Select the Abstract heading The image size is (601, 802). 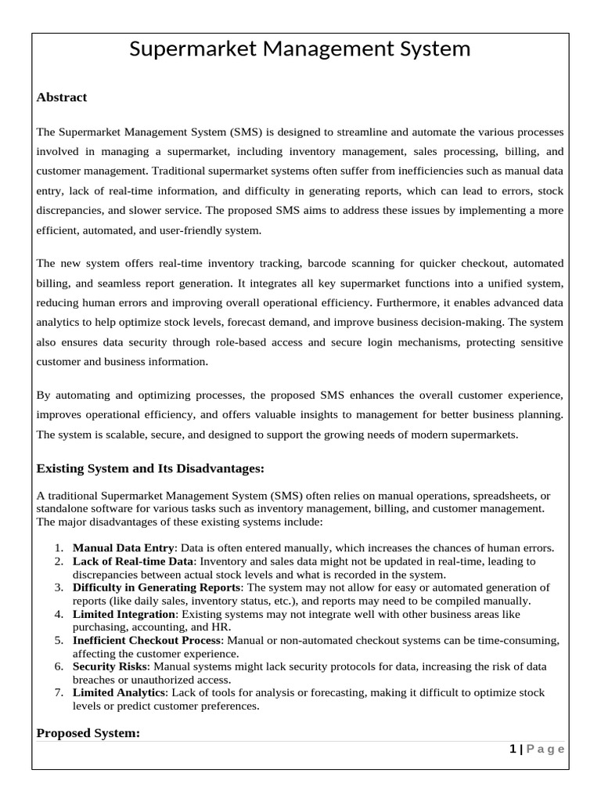(62, 97)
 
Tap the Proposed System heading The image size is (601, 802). (88, 733)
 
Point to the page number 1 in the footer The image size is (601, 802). (513, 750)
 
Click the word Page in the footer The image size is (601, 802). (545, 750)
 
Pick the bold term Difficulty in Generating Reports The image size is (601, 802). (157, 587)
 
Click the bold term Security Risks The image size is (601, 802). (109, 667)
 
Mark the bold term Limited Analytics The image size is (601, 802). (119, 693)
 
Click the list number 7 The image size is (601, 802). (59, 693)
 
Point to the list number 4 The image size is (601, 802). (59, 614)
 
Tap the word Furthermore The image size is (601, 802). (405, 302)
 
